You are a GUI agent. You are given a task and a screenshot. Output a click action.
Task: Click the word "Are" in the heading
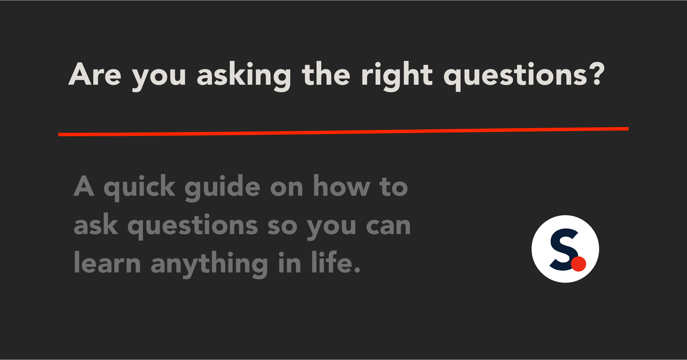95,74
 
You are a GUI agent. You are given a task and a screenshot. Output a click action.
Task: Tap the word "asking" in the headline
244,76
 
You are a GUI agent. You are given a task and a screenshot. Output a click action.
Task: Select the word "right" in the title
397,76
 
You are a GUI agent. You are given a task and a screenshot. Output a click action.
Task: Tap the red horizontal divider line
343,132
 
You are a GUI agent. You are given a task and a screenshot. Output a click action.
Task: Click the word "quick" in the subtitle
139,188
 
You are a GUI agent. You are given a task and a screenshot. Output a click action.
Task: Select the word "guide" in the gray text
222,188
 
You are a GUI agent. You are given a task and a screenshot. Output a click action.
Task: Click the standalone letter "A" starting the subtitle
84,186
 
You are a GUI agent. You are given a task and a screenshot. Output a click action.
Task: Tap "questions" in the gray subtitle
193,226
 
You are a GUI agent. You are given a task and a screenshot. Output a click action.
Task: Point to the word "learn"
107,262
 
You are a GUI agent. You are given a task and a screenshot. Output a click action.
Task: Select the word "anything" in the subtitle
209,264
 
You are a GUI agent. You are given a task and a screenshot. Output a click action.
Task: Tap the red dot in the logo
579,264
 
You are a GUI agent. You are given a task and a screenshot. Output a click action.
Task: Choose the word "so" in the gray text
283,226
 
